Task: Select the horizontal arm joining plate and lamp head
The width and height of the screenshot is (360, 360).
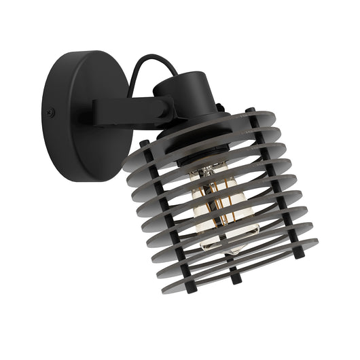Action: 129,109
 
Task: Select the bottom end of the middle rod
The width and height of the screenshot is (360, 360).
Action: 236,279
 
